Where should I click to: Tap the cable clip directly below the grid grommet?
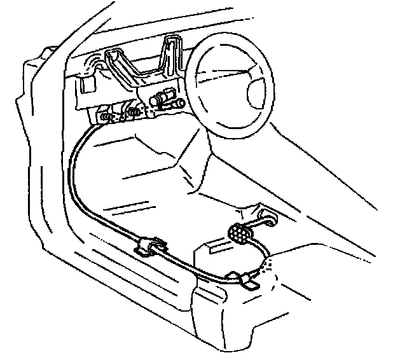pos(244,278)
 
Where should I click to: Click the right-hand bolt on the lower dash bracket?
pos(134,113)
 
